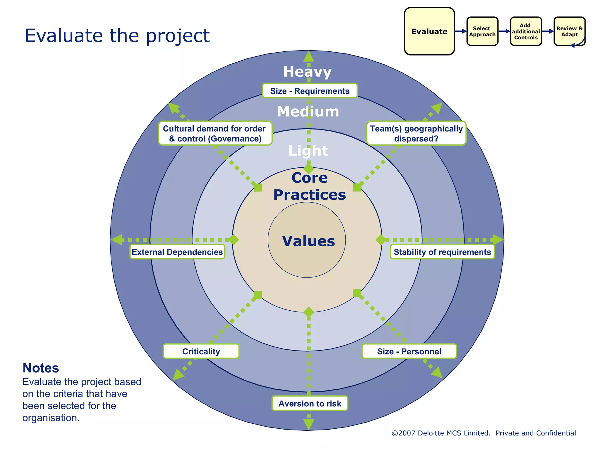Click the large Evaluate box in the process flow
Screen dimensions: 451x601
click(429, 31)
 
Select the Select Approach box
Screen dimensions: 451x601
click(482, 31)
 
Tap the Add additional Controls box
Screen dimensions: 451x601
click(526, 31)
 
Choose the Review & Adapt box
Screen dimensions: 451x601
click(569, 31)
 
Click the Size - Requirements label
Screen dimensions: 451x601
click(310, 91)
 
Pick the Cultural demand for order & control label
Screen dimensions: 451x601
click(215, 134)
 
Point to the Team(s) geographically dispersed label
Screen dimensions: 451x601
click(416, 134)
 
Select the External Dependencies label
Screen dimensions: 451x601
click(177, 252)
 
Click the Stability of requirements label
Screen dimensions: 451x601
click(442, 252)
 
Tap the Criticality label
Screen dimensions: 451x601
click(201, 351)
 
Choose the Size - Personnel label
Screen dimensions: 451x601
click(409, 351)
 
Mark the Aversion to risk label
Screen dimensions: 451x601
click(310, 403)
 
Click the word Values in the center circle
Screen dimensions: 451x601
click(308, 241)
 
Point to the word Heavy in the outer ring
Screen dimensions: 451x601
click(307, 72)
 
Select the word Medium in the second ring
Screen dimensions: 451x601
click(308, 112)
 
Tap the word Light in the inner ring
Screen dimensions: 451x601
click(308, 151)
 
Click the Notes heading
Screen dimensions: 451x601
click(41, 368)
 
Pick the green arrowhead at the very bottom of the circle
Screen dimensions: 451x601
click(308, 424)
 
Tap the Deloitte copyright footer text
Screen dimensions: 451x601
click(484, 433)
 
